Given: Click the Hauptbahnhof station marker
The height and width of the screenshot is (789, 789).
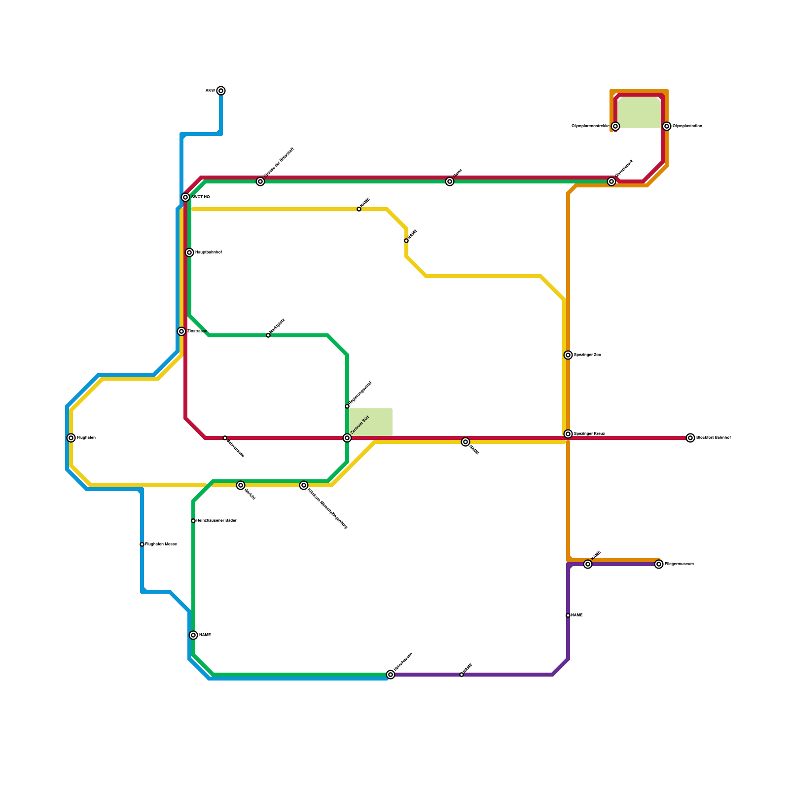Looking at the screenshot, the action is pyautogui.click(x=189, y=252).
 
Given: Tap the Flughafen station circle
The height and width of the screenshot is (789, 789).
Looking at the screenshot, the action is pyautogui.click(x=71, y=438).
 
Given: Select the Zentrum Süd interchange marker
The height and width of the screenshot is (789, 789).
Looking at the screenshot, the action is pyautogui.click(x=347, y=438).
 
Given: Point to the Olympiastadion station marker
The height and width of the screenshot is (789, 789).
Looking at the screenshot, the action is pyautogui.click(x=667, y=126).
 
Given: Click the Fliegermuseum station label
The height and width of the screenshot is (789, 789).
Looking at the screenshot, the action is pyautogui.click(x=679, y=564).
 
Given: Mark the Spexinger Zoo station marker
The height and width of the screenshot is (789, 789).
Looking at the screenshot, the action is pyautogui.click(x=568, y=355).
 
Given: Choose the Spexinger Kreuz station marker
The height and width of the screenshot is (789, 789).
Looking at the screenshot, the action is pyautogui.click(x=568, y=434).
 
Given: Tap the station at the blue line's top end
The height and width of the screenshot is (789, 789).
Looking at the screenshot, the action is pyautogui.click(x=221, y=91).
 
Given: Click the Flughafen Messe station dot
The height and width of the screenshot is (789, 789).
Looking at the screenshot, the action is pyautogui.click(x=142, y=544).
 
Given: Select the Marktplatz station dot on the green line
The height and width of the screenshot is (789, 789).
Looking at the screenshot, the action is pyautogui.click(x=268, y=335).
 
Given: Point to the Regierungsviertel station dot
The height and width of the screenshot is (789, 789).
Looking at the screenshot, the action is pyautogui.click(x=347, y=406).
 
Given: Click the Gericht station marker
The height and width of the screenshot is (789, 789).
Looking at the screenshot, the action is pyautogui.click(x=241, y=485).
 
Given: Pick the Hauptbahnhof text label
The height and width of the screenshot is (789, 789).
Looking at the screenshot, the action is pyautogui.click(x=209, y=252).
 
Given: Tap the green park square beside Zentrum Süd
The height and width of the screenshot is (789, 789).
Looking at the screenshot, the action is pyautogui.click(x=371, y=422).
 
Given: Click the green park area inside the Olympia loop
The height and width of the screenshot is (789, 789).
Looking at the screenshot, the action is pyautogui.click(x=639, y=112).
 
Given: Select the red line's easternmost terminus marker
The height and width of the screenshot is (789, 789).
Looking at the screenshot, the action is pyautogui.click(x=690, y=438).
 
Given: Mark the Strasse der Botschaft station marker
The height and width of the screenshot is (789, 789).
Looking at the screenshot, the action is pyautogui.click(x=260, y=181).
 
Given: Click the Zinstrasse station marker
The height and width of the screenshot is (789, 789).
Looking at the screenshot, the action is pyautogui.click(x=181, y=331).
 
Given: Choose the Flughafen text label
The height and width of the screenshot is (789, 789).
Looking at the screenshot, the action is pyautogui.click(x=86, y=438).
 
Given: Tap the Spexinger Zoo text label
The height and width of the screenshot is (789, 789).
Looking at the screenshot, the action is pyautogui.click(x=587, y=355).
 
